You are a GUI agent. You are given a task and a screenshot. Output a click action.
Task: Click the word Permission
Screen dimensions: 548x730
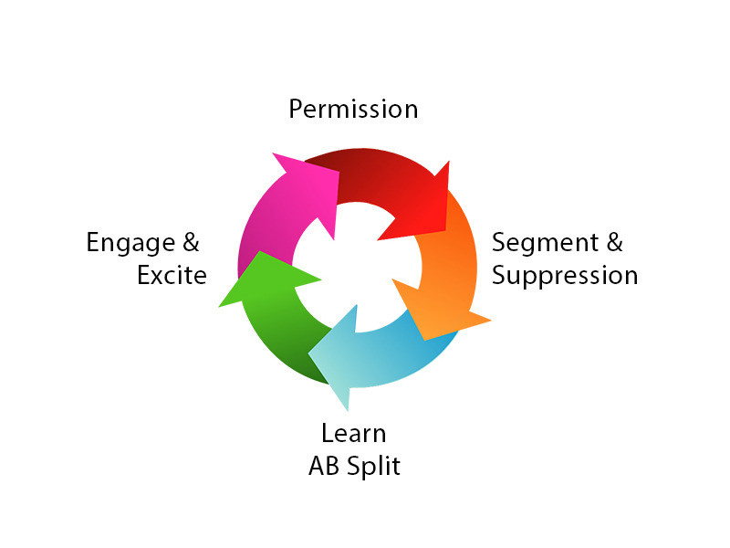coord(353,109)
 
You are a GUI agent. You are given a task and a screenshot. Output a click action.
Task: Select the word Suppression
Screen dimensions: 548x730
coord(565,275)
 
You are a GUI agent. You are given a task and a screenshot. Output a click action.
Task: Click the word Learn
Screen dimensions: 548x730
coord(354,433)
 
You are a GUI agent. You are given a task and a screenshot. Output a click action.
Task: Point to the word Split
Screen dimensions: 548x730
coord(376,466)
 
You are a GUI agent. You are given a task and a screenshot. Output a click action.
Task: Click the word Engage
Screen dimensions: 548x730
coord(130,243)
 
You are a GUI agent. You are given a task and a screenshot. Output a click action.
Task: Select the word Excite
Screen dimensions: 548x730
coord(172,275)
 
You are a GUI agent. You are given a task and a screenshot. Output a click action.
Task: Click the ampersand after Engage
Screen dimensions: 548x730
coord(190,243)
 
